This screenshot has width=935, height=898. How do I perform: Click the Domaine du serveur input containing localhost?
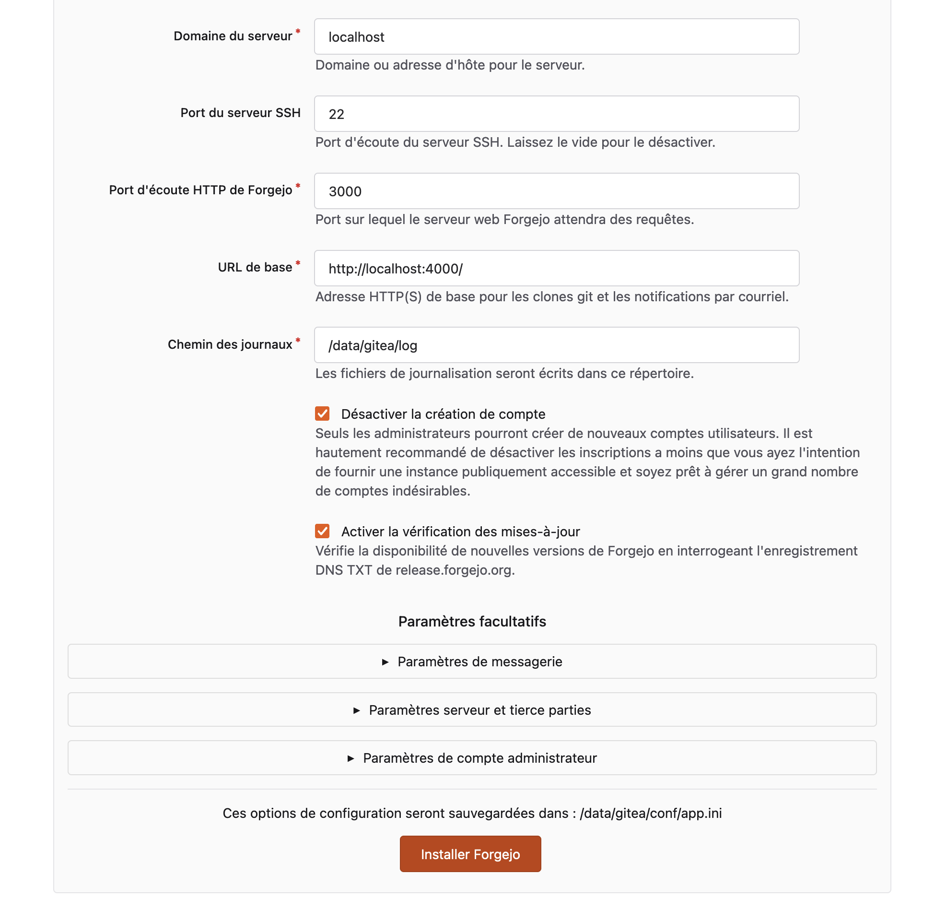coord(556,37)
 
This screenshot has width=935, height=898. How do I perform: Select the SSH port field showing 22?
coord(556,114)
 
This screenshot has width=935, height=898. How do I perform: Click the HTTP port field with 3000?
coord(556,191)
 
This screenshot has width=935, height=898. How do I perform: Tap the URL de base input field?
coord(556,269)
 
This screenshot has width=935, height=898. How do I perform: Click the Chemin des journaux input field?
coord(556,345)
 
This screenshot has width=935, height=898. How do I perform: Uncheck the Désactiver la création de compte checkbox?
coord(322,414)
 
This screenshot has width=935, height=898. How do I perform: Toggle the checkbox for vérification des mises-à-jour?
coord(322,531)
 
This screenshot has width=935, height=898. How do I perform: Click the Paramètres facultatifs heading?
coord(472,622)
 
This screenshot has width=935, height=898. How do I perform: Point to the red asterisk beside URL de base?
coord(298,263)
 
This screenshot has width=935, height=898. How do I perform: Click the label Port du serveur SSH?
coord(240,113)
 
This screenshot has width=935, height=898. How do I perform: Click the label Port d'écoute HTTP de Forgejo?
coord(200,190)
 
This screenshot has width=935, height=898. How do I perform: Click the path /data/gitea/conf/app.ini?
coord(651,814)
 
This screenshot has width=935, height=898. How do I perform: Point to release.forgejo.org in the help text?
coord(453,570)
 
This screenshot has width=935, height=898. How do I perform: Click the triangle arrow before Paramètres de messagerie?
coord(385,662)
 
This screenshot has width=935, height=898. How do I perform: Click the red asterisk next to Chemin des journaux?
coord(298,341)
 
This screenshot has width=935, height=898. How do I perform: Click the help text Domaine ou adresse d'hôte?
coord(450,65)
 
